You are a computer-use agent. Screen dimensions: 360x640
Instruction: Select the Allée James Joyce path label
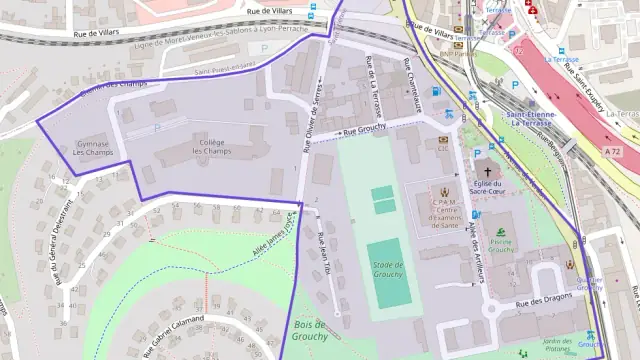click(268, 238)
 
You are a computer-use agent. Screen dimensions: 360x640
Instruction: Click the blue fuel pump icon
click(435, 92)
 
